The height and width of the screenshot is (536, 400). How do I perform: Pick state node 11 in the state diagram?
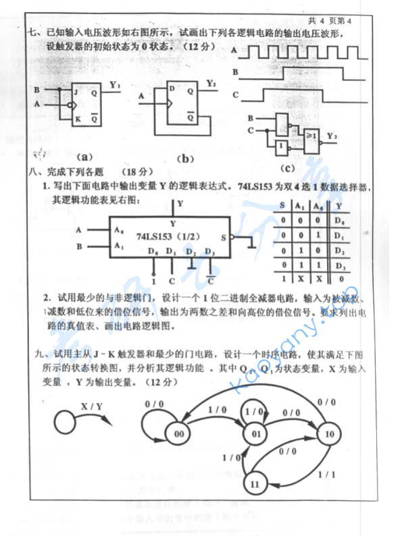pos(254,483)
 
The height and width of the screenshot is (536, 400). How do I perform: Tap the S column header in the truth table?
pos(282,206)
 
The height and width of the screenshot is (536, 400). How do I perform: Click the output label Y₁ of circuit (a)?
pos(115,86)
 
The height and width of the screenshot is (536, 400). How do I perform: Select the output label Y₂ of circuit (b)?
pos(211,84)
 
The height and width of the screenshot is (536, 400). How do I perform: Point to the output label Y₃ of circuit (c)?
pos(331,136)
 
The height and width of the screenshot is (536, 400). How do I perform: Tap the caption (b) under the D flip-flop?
pos(183,159)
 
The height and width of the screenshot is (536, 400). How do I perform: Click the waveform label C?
pos(234,94)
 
